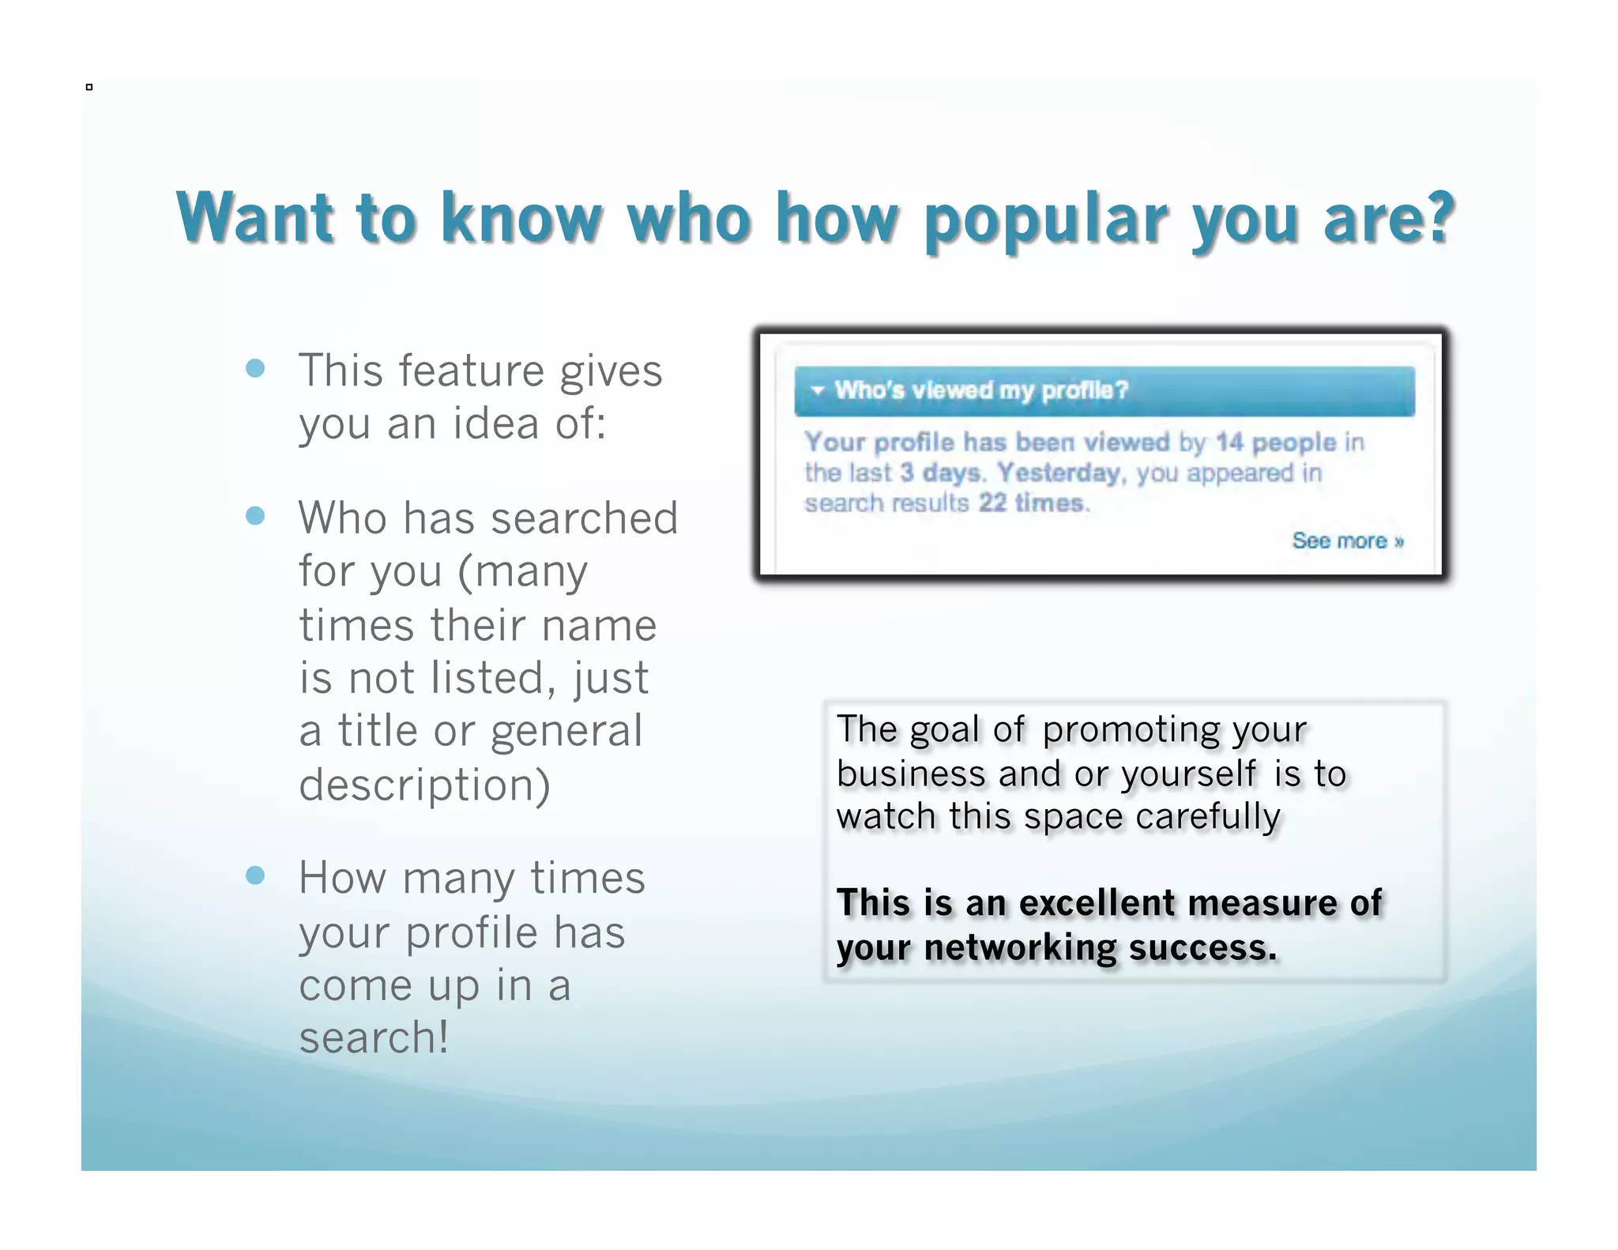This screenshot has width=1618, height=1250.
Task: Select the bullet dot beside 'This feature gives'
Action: [x=255, y=368]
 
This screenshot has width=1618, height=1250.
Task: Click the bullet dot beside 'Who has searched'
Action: [x=255, y=516]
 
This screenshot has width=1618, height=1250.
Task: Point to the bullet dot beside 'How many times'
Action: [x=255, y=875]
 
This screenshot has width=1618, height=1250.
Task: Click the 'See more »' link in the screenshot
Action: [x=1347, y=540]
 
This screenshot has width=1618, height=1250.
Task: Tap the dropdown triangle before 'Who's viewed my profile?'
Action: [x=818, y=390]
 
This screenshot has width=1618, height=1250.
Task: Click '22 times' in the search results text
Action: [x=1030, y=503]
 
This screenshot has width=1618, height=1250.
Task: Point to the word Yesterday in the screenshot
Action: [x=1059, y=473]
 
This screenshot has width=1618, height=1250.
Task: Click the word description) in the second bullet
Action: [x=424, y=785]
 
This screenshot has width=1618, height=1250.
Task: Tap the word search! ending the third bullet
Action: [x=374, y=1037]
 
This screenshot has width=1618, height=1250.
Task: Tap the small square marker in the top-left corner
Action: [x=89, y=87]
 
